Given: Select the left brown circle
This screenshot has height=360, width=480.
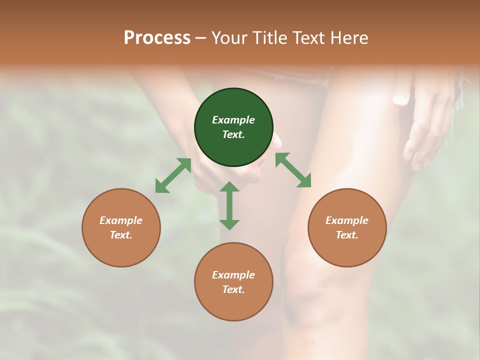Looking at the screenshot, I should [x=121, y=227].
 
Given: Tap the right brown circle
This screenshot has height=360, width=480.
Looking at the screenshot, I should [x=347, y=227].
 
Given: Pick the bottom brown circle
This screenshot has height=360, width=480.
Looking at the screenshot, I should [x=233, y=282].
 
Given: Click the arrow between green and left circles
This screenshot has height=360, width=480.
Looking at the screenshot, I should [x=173, y=175].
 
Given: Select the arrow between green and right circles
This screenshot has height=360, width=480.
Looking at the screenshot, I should [x=293, y=170].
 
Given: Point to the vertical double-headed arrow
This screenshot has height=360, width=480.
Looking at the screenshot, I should [x=229, y=205].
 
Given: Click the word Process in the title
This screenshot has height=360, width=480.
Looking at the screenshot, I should [x=157, y=37].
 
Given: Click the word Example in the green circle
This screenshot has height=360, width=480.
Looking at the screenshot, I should [x=233, y=120].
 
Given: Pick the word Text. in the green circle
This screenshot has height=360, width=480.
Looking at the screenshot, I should [x=233, y=134].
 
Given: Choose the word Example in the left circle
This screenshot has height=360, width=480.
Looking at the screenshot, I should [x=121, y=220].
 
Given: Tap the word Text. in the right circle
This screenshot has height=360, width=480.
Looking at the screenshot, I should [x=347, y=235].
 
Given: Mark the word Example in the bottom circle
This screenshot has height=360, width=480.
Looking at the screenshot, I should [x=233, y=275].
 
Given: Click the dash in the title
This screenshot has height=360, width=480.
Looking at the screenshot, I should [x=201, y=38].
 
